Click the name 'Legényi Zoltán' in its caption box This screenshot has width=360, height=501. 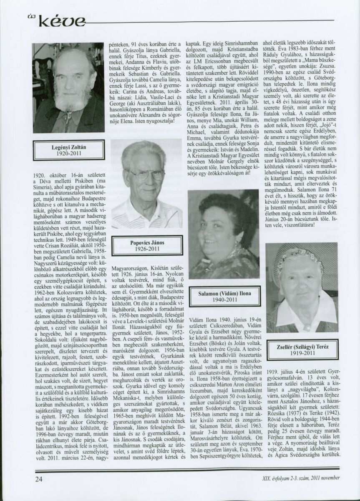click(69, 147)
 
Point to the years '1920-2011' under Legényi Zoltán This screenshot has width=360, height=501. click(69, 154)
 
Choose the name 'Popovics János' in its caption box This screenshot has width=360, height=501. click(147, 242)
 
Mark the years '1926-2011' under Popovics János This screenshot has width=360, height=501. click(147, 249)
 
